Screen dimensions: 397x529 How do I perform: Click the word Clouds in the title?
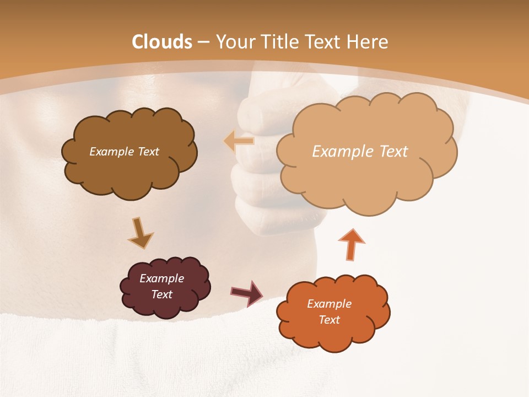point(162,42)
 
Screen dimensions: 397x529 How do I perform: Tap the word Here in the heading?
point(368,42)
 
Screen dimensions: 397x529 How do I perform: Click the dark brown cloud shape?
point(129,171)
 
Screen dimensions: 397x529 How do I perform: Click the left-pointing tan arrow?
point(239,141)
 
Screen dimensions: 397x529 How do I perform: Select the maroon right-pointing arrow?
point(247,293)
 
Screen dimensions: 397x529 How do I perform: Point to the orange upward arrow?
point(351,244)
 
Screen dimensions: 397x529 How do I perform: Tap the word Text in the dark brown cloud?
point(148,151)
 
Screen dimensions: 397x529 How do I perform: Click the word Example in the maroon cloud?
point(162,278)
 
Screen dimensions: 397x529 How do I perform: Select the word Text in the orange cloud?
point(329,320)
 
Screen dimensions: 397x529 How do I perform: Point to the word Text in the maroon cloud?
point(162,294)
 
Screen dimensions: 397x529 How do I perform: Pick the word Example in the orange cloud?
point(329,304)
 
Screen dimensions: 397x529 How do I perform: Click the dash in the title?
point(203,42)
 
